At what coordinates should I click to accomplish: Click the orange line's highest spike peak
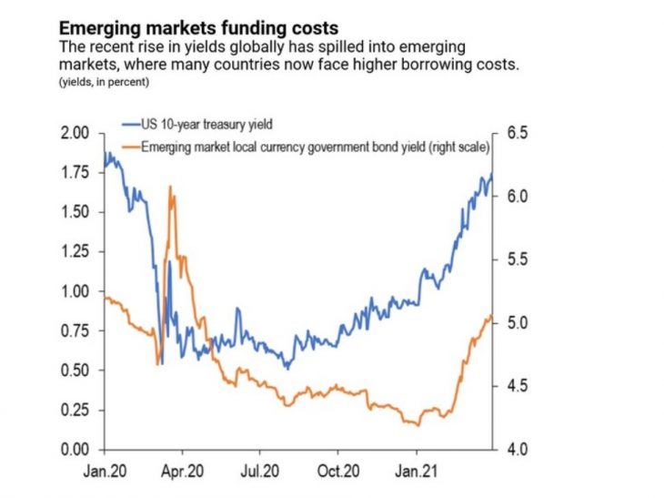170,187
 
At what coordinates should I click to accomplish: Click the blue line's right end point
492,174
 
